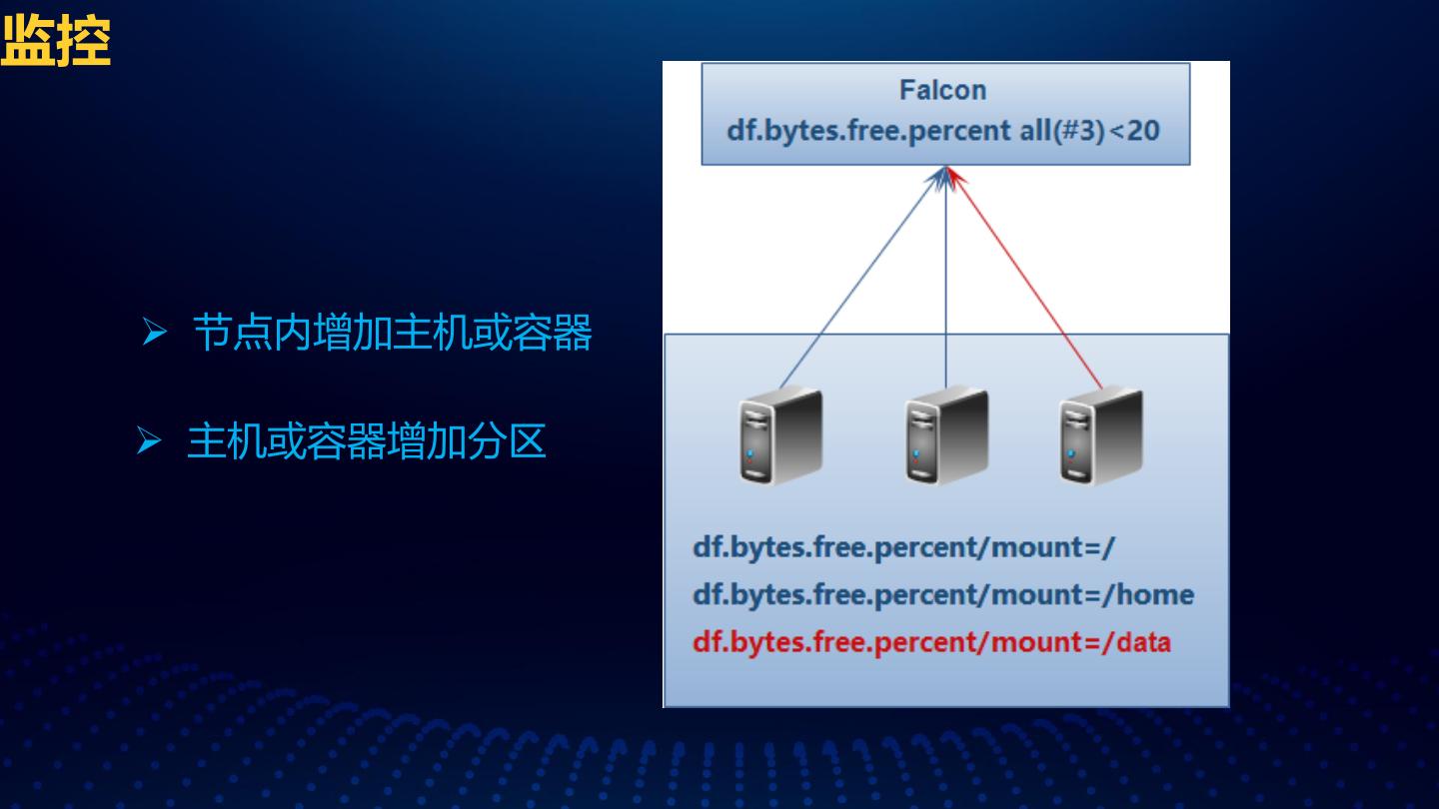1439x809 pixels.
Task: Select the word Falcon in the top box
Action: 942,90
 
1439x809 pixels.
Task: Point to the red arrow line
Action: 1029,280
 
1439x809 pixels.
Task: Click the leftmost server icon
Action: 780,436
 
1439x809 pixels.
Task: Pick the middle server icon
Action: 945,436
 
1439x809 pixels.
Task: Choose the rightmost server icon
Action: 1100,436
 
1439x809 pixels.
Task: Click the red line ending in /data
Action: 930,641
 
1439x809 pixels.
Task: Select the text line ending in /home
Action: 942,595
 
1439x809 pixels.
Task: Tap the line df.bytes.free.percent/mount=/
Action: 903,548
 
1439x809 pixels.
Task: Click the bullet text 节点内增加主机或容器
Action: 392,333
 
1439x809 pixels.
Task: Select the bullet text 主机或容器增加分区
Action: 366,441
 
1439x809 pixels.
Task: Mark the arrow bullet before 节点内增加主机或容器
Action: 153,334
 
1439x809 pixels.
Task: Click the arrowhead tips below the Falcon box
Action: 946,174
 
